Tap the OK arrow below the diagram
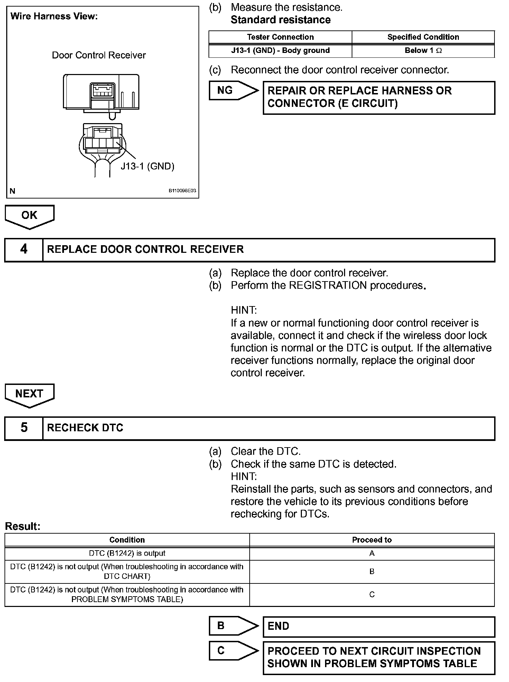click(x=29, y=216)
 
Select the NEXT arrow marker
click(x=29, y=394)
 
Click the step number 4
click(x=24, y=249)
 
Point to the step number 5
click(x=24, y=428)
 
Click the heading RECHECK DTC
click(x=85, y=428)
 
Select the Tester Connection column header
click(x=280, y=37)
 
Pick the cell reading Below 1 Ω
click(x=423, y=50)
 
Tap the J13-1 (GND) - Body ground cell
click(x=280, y=50)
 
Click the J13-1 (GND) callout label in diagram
click(x=147, y=166)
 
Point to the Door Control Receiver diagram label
click(x=99, y=55)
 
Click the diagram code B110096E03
click(x=182, y=191)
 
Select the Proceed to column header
click(x=372, y=540)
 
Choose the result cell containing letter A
click(x=372, y=553)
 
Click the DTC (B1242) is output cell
click(x=127, y=553)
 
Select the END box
click(x=379, y=626)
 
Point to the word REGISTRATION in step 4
click(x=328, y=285)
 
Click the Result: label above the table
click(x=23, y=526)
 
